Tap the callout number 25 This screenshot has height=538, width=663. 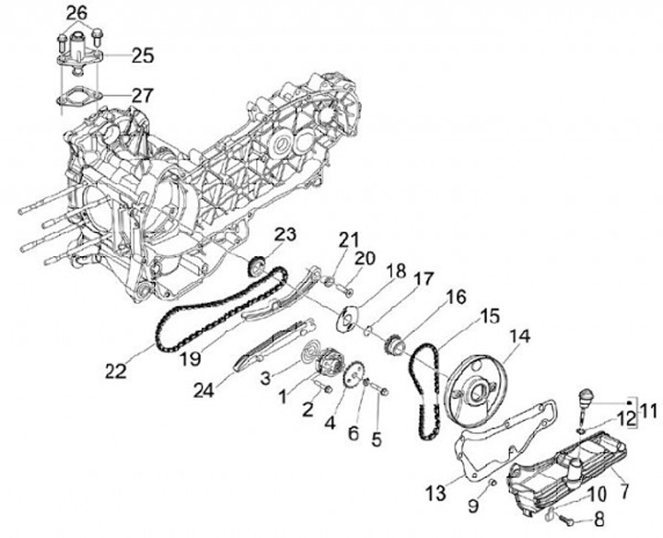(142, 55)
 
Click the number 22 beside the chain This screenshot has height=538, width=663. (115, 370)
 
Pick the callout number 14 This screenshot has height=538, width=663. (520, 336)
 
